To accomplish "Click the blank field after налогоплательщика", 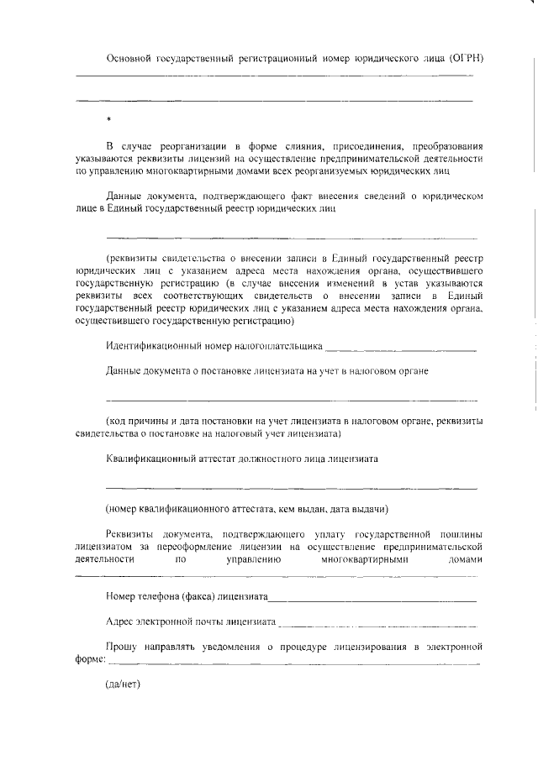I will pos(400,347).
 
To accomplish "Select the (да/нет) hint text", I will pos(120,684).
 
